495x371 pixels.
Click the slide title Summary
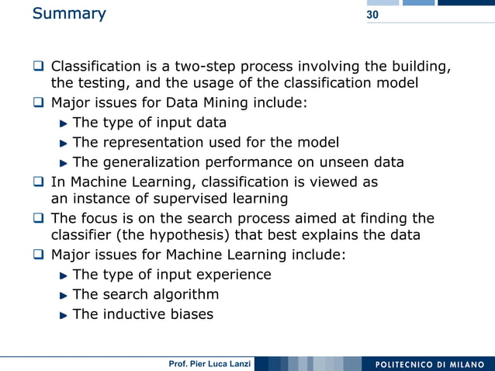click(69, 14)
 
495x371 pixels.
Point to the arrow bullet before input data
click(64, 123)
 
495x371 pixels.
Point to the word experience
click(232, 275)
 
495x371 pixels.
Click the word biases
click(192, 314)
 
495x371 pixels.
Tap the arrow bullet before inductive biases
click(64, 315)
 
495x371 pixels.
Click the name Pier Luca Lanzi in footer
click(222, 364)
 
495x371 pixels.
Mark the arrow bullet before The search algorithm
click(64, 295)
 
